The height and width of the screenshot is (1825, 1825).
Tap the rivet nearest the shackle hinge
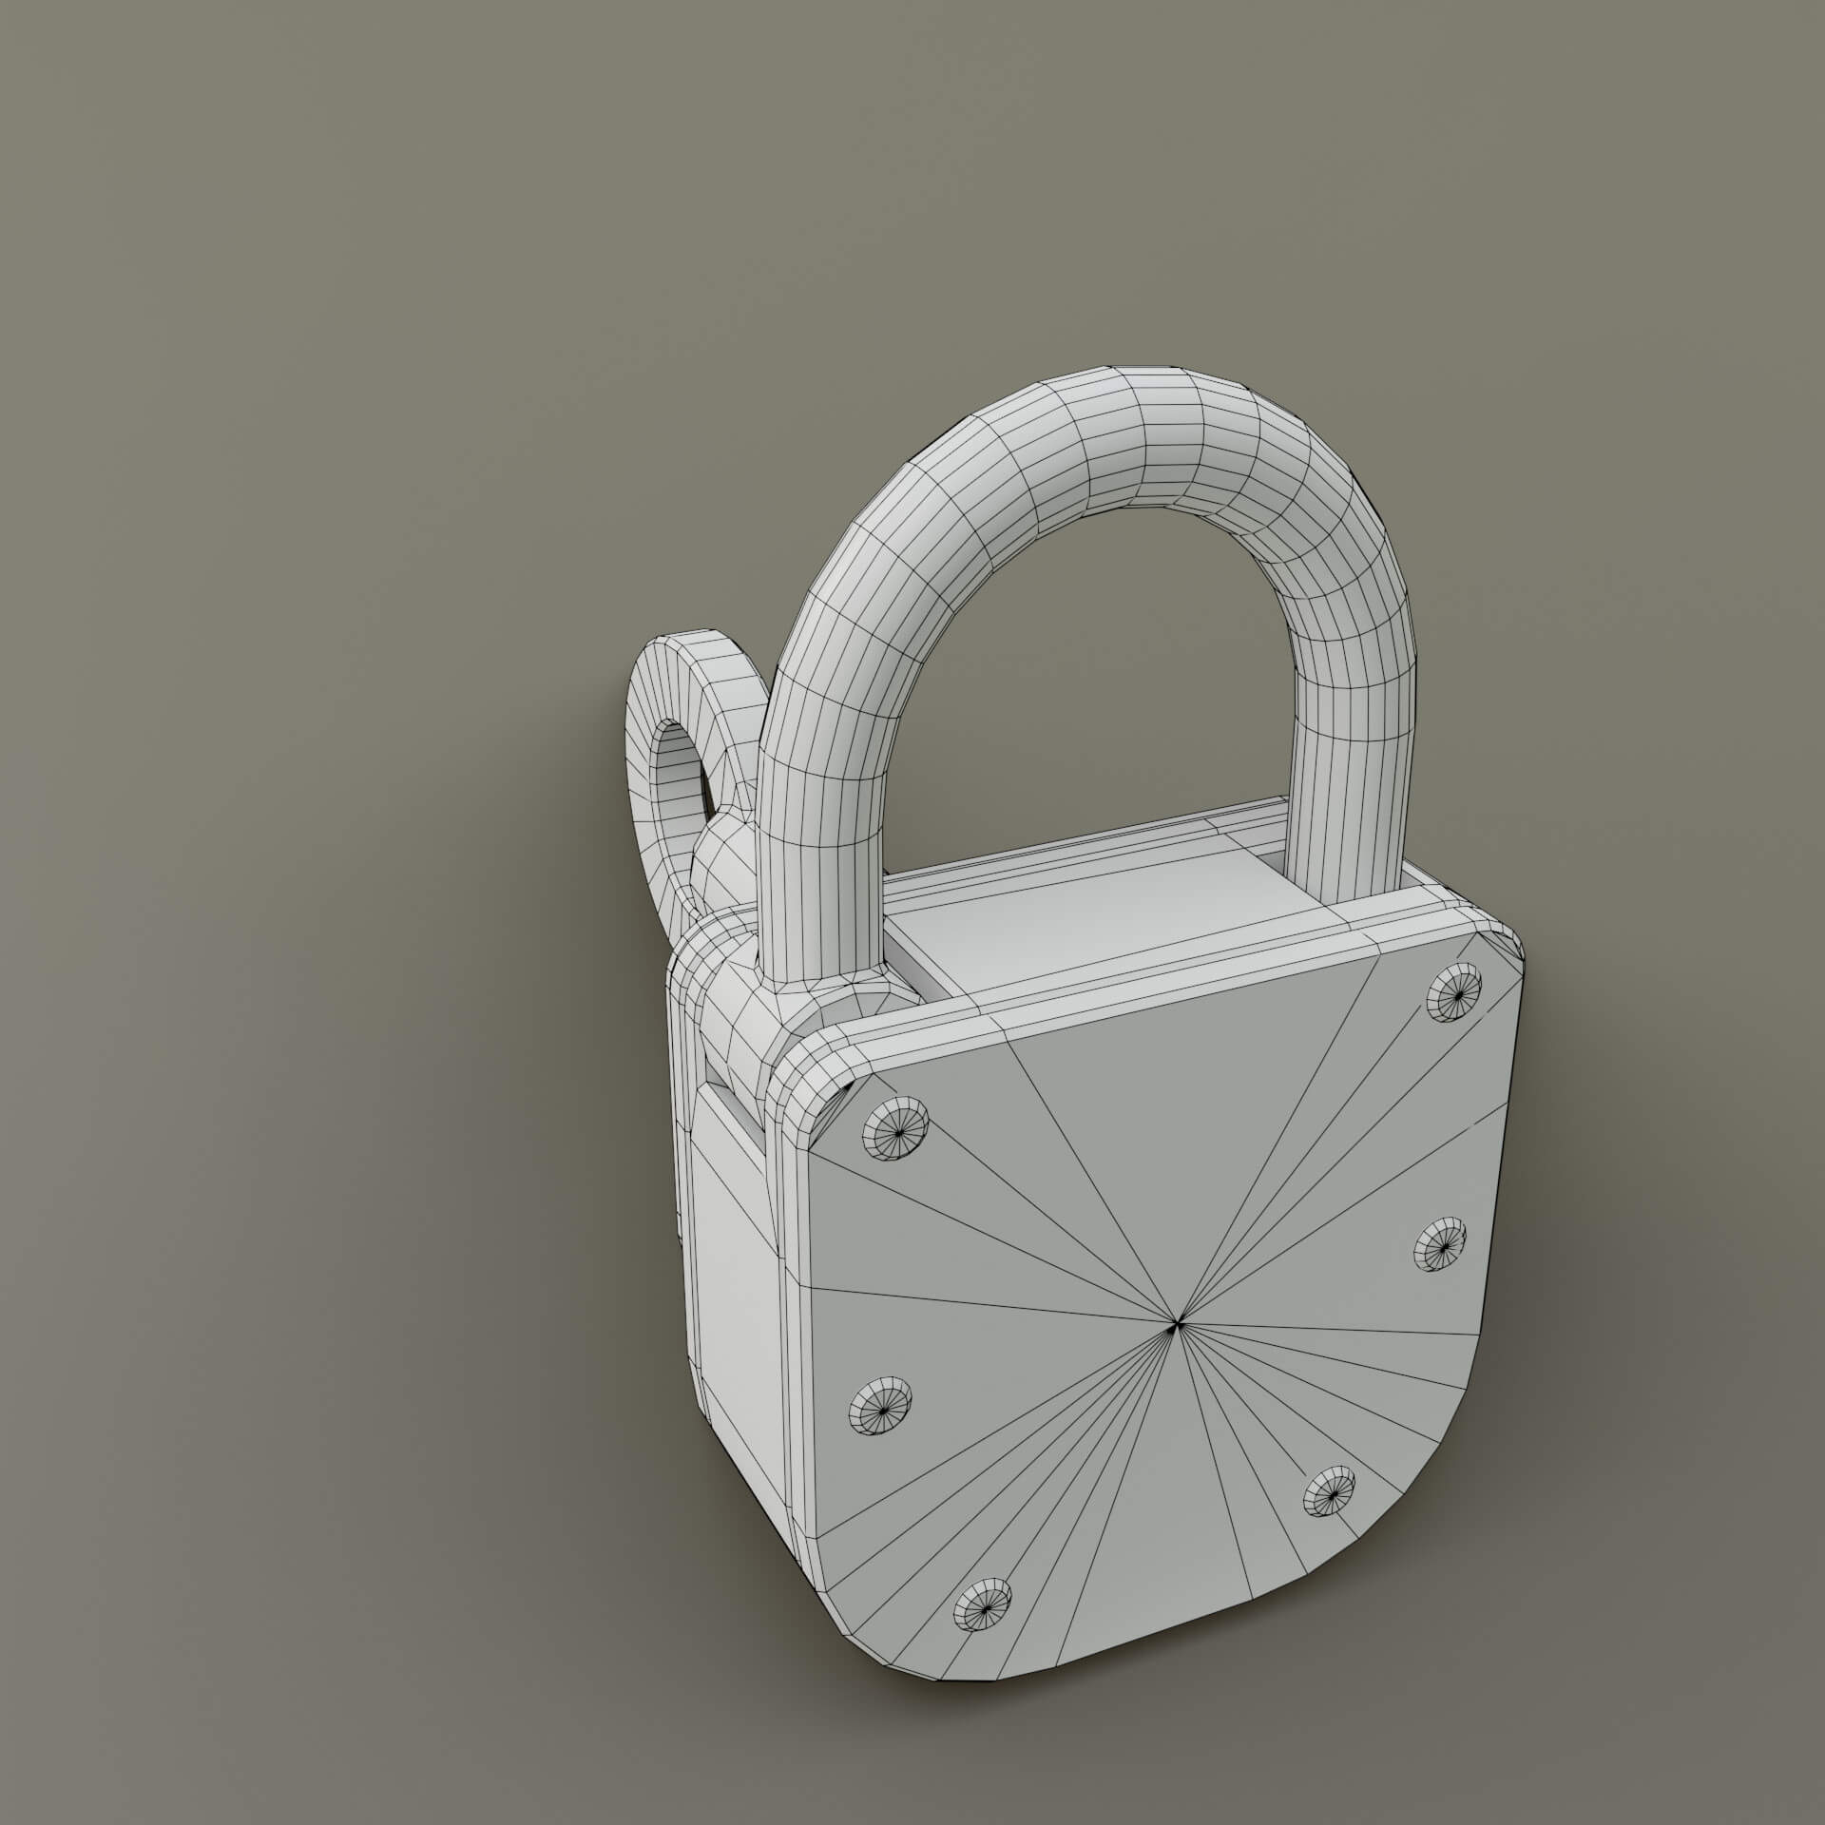tap(894, 1129)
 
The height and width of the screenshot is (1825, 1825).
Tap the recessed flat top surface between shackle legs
tap(1093, 912)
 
